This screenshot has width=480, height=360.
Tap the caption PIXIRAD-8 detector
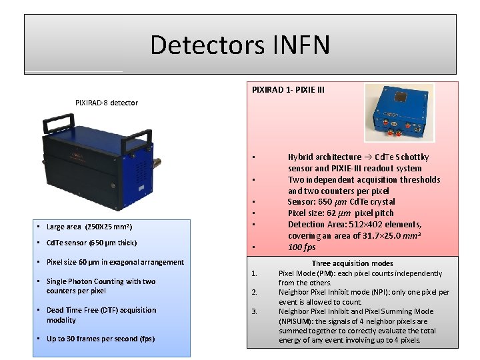107,103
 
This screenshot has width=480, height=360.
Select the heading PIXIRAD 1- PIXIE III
288,89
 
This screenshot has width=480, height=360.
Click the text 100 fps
301,247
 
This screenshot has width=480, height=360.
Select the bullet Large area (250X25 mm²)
93,227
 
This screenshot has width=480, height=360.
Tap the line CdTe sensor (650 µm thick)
91,243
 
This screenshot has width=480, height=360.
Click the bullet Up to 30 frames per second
100,339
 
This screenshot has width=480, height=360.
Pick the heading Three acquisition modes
353,263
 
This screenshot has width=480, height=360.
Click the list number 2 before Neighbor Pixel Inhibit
254,292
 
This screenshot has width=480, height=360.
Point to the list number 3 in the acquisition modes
254,311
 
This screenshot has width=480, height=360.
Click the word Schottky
411,157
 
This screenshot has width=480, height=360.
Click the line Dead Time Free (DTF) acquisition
101,310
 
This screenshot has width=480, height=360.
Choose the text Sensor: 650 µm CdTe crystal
341,202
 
